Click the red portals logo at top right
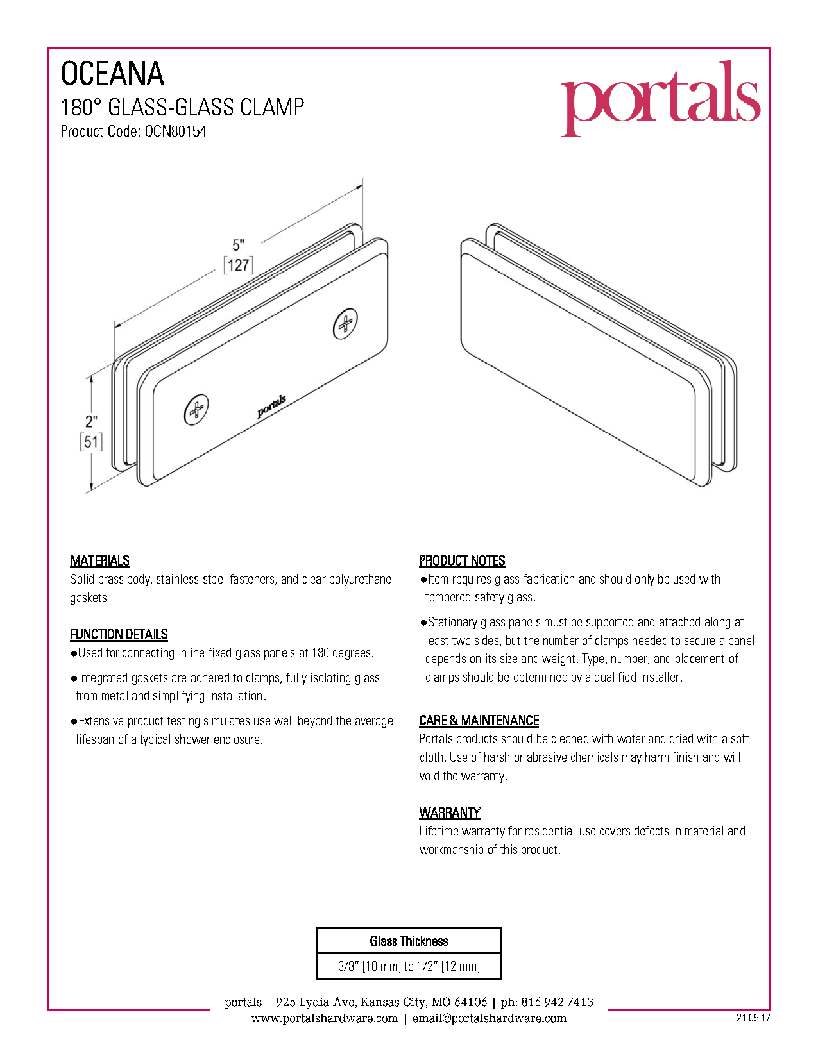pyautogui.click(x=660, y=98)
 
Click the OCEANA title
pyautogui.click(x=112, y=74)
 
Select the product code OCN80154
pyautogui.click(x=175, y=131)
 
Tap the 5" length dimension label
pyautogui.click(x=238, y=244)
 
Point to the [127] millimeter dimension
pyautogui.click(x=238, y=265)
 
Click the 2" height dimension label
pyautogui.click(x=91, y=421)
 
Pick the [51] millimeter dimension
pyautogui.click(x=92, y=442)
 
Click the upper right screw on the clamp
pyautogui.click(x=345, y=323)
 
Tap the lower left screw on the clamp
pyautogui.click(x=196, y=410)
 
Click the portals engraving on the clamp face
pyautogui.click(x=271, y=407)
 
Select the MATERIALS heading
pyautogui.click(x=100, y=561)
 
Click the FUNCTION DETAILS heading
pyautogui.click(x=119, y=634)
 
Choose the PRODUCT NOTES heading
pyautogui.click(x=463, y=561)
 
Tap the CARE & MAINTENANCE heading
pyautogui.click(x=479, y=720)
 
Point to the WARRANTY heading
pyautogui.click(x=450, y=812)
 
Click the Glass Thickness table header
pyautogui.click(x=409, y=941)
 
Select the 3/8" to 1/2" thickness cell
pyautogui.click(x=409, y=966)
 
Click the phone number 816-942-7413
pyautogui.click(x=558, y=1002)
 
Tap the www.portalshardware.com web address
pyautogui.click(x=325, y=1018)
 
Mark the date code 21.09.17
pyautogui.click(x=753, y=1017)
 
